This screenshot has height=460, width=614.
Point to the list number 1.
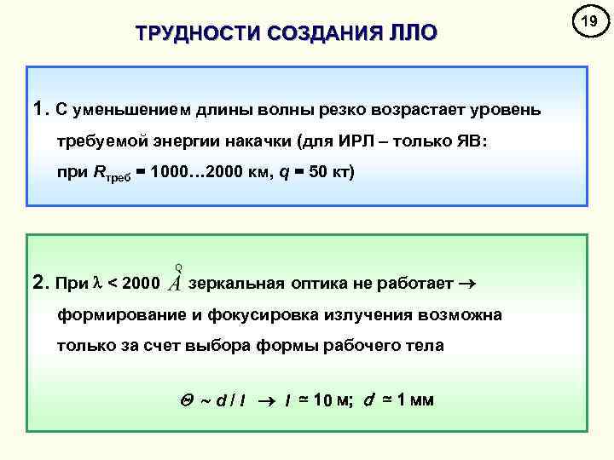(x=38, y=109)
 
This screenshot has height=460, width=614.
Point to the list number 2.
(x=38, y=281)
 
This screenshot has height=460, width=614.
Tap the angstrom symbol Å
(x=176, y=279)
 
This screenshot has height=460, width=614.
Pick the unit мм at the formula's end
(x=421, y=400)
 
